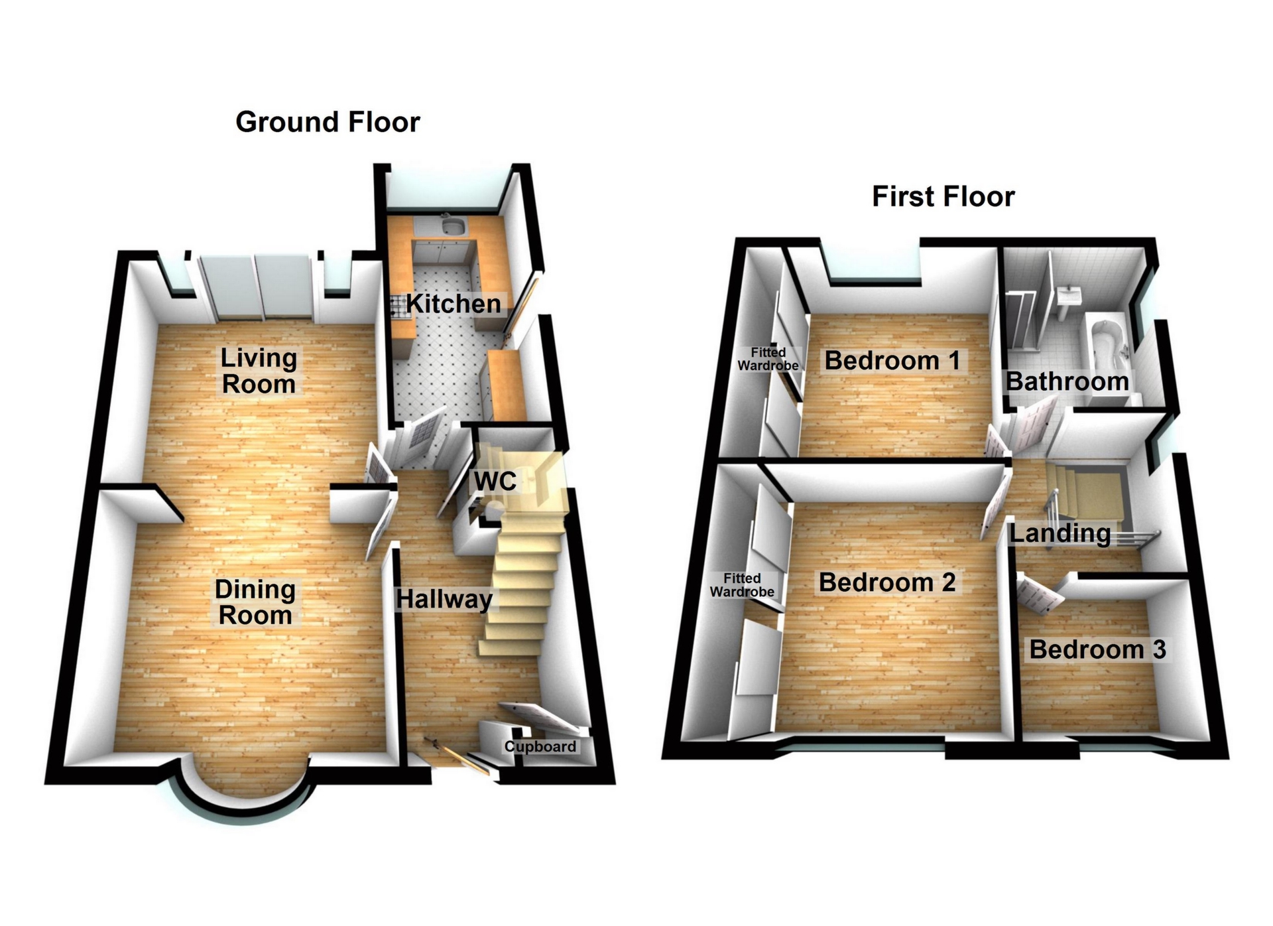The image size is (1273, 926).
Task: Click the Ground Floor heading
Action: point(328,122)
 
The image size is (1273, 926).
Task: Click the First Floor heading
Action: point(943,196)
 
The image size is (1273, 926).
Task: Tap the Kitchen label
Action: point(454,304)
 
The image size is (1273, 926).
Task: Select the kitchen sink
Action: point(453,227)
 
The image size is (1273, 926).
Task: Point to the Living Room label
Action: point(259,371)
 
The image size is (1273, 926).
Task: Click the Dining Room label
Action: point(255,602)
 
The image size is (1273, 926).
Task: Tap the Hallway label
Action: point(444,599)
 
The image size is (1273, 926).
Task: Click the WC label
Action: point(495,481)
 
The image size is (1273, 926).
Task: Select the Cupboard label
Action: point(540,746)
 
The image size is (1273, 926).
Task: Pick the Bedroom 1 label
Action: point(892,361)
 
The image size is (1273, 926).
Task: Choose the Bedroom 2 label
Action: point(887,582)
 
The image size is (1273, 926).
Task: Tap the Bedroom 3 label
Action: point(1097,649)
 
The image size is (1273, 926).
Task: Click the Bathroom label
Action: point(1067,381)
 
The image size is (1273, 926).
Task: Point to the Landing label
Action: point(1060,533)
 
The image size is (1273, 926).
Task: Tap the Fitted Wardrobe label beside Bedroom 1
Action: point(768,359)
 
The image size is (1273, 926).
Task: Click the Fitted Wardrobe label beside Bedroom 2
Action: point(742,585)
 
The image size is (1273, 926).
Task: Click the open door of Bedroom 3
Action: point(1040,594)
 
